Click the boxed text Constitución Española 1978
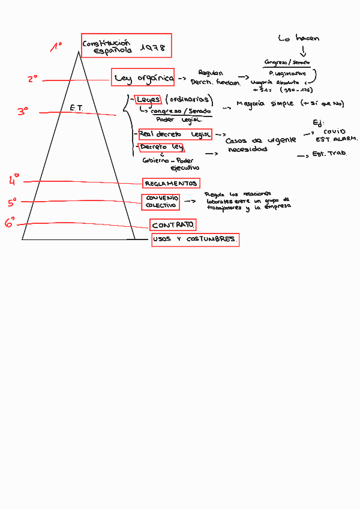(126, 46)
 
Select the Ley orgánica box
(143, 77)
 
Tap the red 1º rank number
(56, 47)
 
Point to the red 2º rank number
(32, 79)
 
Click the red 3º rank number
(23, 111)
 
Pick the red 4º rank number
(14, 179)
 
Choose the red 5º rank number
(12, 203)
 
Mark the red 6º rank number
(10, 223)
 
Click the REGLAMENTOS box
(171, 183)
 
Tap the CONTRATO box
(173, 225)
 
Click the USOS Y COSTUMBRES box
(194, 239)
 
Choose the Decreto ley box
(161, 147)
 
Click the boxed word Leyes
(148, 99)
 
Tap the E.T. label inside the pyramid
(76, 108)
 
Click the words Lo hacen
(299, 38)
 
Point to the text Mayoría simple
(263, 104)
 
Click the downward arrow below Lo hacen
(302, 52)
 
